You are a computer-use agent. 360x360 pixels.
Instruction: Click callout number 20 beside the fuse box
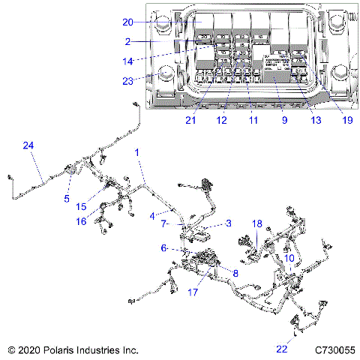coord(128,22)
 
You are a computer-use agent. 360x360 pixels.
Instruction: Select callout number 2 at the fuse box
coord(128,42)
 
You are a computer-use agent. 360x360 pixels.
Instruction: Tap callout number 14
coord(128,61)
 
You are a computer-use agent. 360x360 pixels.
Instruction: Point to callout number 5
coord(67,199)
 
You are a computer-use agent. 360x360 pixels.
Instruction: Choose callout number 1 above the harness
coord(137,152)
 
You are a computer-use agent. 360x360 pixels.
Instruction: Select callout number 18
coord(257,223)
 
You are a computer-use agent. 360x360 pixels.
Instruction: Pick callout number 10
coord(288,258)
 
